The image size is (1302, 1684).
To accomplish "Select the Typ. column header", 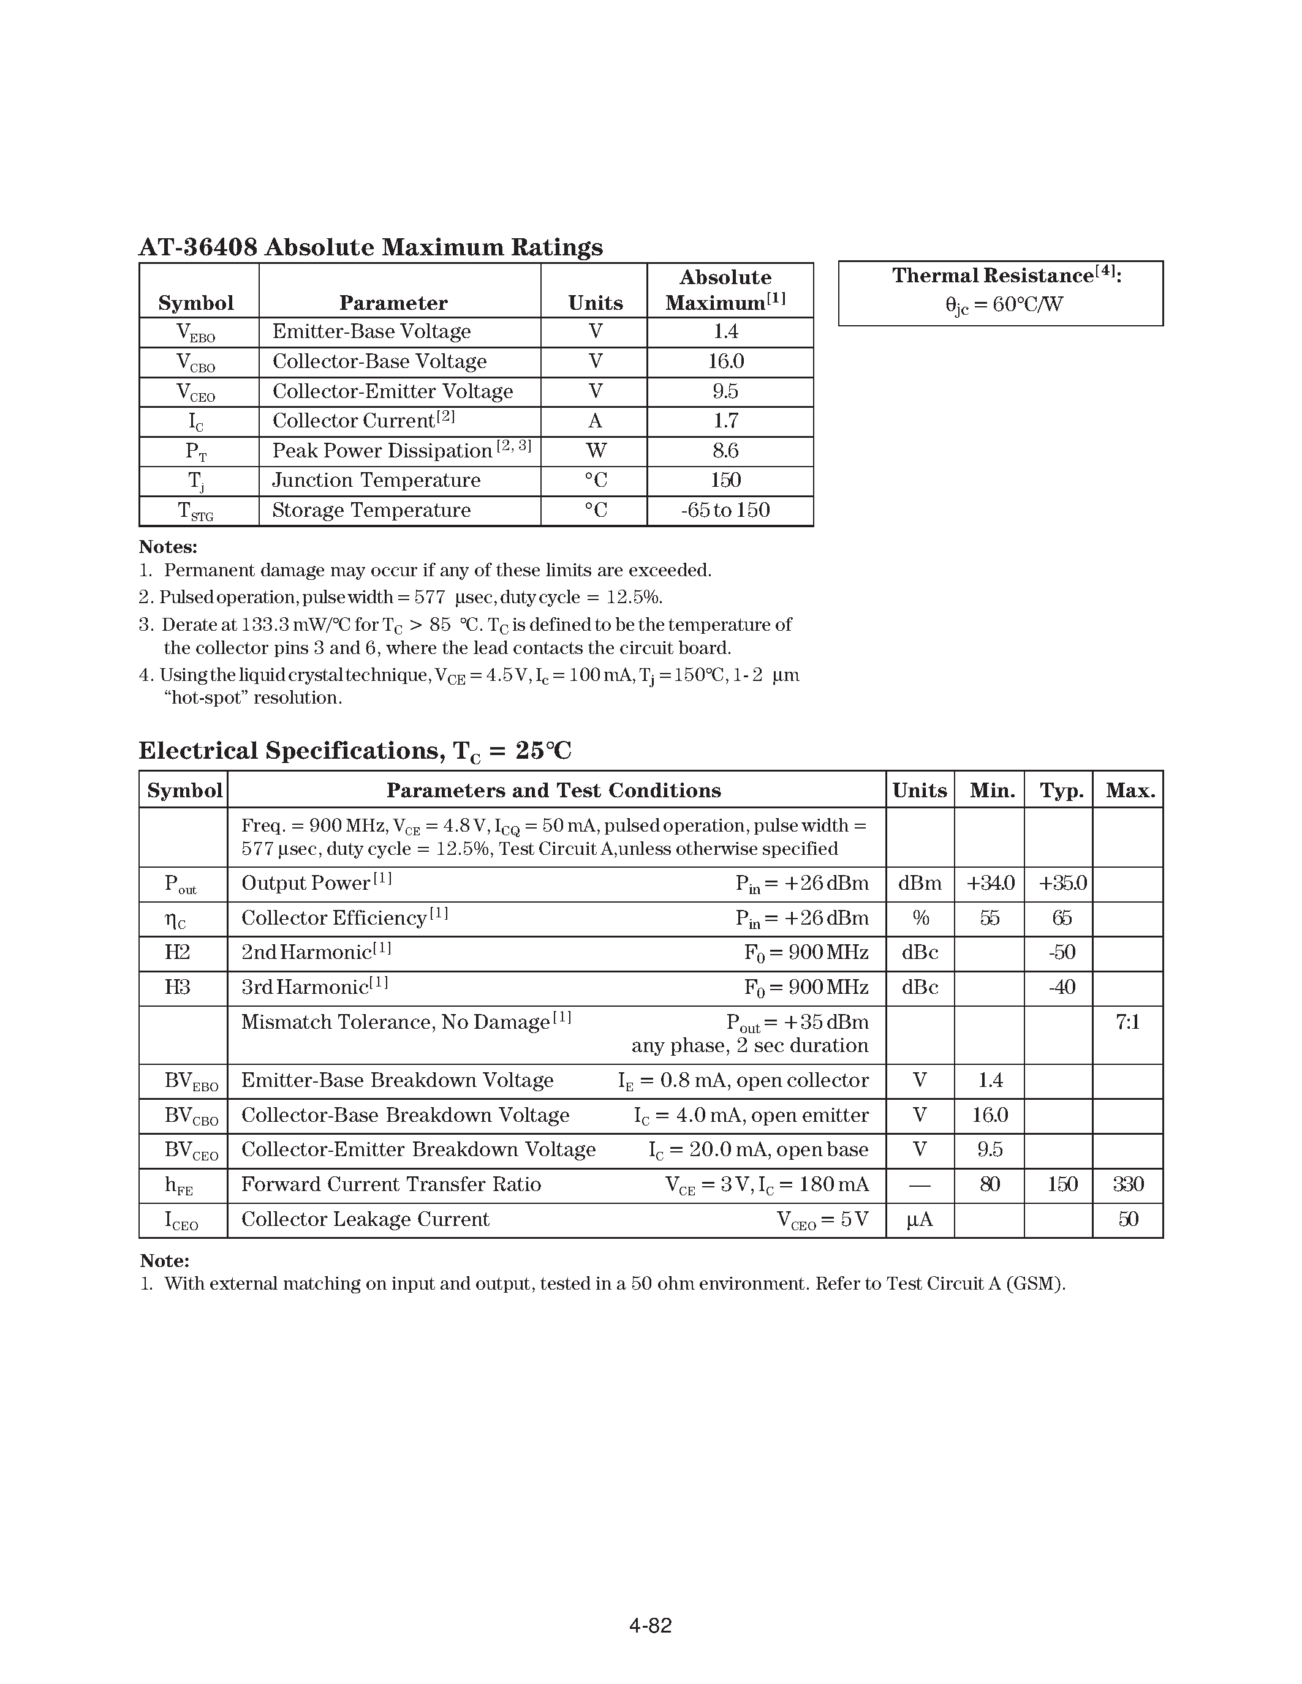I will pos(1061,791).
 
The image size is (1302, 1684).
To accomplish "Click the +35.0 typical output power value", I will pos(1062,884).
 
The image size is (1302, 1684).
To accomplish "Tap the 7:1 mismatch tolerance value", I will pos(1127,1023).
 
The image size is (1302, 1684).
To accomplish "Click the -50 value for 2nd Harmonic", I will pos(1061,953).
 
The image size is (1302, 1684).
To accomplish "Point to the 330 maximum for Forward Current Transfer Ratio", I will pos(1127,1184).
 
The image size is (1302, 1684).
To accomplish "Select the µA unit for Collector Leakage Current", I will pos(920,1219).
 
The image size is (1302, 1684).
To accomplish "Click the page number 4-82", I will pos(650,1625).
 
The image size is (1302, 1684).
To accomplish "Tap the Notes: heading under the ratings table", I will pos(168,547).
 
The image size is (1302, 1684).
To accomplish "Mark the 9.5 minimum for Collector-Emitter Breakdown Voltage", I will pos(990,1149).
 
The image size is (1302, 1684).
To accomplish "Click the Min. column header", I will pos(992,791).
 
